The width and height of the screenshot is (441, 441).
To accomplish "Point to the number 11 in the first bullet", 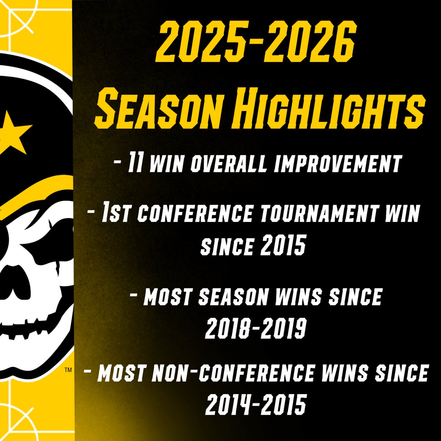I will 134,164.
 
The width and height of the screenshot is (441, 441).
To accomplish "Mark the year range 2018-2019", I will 255,328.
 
